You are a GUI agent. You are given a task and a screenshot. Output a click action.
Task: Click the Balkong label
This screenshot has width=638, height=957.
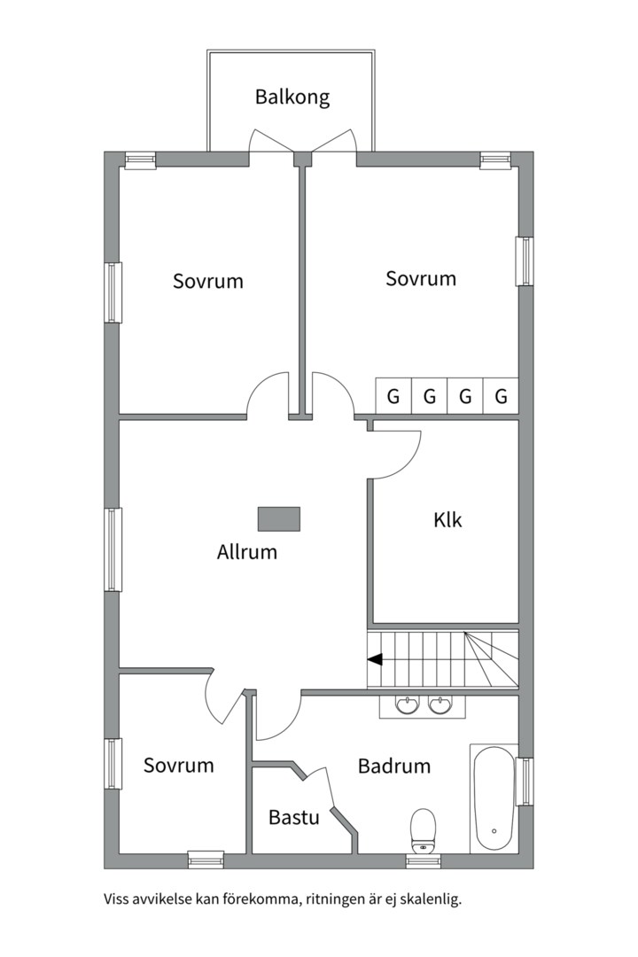[x=292, y=97]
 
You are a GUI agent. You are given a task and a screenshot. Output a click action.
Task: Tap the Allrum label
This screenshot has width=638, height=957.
[x=246, y=552]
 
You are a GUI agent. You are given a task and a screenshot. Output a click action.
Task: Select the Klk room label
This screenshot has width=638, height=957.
[x=447, y=520]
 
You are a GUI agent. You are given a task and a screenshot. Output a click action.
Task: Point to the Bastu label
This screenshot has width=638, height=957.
[x=293, y=817]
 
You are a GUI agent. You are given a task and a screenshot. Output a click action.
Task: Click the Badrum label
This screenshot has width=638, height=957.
[x=393, y=766]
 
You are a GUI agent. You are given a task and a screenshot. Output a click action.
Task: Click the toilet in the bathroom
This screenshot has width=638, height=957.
[x=423, y=830]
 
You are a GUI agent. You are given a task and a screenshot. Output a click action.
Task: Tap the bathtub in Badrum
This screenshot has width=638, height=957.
[x=494, y=797]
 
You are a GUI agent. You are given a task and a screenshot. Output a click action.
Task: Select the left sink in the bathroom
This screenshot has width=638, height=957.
[x=408, y=705]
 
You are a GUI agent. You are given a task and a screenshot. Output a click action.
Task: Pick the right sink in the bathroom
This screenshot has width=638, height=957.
[x=440, y=705]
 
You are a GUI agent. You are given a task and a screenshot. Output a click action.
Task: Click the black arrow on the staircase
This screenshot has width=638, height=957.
[x=375, y=659]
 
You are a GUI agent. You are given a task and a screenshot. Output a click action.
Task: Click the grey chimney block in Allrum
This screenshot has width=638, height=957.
[x=279, y=518]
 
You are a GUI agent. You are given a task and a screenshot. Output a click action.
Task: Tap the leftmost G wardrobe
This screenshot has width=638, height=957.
[x=393, y=396]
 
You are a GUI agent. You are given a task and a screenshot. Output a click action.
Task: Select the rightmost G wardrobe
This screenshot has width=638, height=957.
[x=501, y=396]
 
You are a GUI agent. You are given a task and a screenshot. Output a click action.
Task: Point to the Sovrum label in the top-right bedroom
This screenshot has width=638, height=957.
[x=421, y=278]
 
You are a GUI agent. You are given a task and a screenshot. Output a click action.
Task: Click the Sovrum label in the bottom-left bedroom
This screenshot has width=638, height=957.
[x=178, y=766]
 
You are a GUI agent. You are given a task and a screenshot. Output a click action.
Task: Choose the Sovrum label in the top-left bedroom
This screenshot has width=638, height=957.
[x=207, y=281]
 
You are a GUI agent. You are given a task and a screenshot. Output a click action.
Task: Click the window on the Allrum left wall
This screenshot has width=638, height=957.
[x=113, y=549]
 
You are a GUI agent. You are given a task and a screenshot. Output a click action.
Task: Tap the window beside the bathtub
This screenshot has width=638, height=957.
[x=525, y=782]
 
